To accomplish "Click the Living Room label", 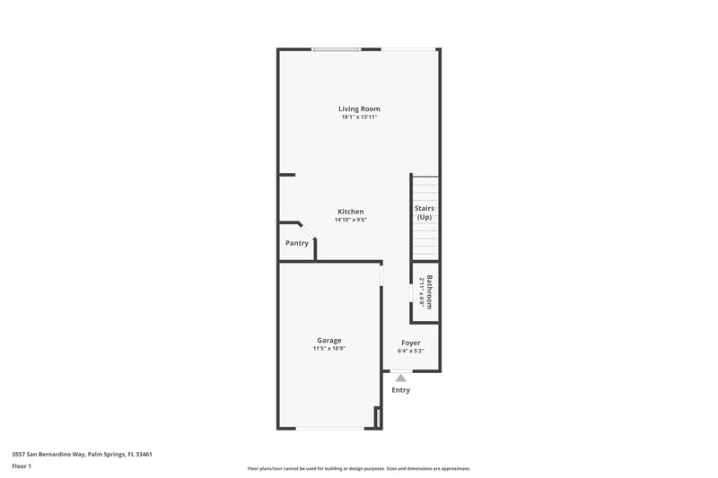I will (x=359, y=109).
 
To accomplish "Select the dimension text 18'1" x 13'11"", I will (x=359, y=117).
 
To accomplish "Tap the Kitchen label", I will (x=351, y=212).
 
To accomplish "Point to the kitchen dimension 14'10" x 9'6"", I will (x=351, y=220).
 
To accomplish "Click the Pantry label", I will (x=297, y=243).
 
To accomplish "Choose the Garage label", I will (x=328, y=340).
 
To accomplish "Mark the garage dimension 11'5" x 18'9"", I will (x=328, y=348).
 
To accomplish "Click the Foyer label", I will (x=411, y=343).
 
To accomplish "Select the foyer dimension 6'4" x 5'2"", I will (x=411, y=351).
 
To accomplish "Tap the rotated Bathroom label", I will (x=430, y=291).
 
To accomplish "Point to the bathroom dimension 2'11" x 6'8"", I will (x=421, y=291).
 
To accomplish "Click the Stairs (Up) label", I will (x=425, y=213).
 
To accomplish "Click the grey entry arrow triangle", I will (x=400, y=378).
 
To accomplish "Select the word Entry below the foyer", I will (x=400, y=390).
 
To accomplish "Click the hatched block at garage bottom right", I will (x=378, y=418).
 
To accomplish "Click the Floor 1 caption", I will (x=22, y=466).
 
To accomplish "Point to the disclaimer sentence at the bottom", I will (x=358, y=468).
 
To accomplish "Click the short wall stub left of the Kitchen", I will (x=286, y=175).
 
